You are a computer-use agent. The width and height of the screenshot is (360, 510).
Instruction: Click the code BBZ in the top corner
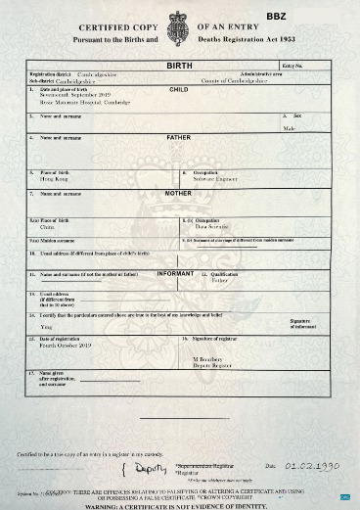[x=276, y=17]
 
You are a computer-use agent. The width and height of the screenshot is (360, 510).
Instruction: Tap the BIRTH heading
[x=179, y=65]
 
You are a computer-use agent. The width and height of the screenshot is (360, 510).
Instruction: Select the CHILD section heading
[x=179, y=88]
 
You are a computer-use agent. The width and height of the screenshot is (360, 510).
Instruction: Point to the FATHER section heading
[x=179, y=138]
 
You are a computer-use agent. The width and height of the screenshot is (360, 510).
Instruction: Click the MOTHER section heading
[x=178, y=194]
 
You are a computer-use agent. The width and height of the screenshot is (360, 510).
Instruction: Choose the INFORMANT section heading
[x=177, y=273]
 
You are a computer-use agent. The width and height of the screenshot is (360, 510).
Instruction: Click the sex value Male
[x=289, y=128]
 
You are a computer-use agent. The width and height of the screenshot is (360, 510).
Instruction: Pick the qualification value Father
[x=220, y=281]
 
